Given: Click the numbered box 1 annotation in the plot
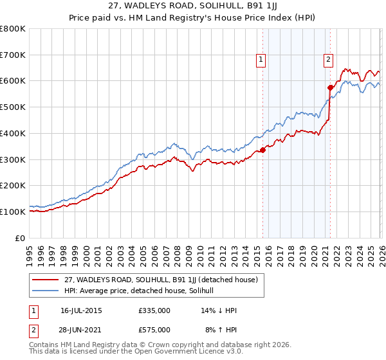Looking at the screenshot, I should pos(261,60).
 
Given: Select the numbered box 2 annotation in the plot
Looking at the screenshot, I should pos(328,60).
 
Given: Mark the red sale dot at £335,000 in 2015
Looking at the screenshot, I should pos(262,150).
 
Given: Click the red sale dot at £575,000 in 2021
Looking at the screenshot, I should pos(330,87).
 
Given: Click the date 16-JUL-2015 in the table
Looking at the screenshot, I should pos(81,310).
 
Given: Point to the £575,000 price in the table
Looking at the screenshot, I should pos(154,329).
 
